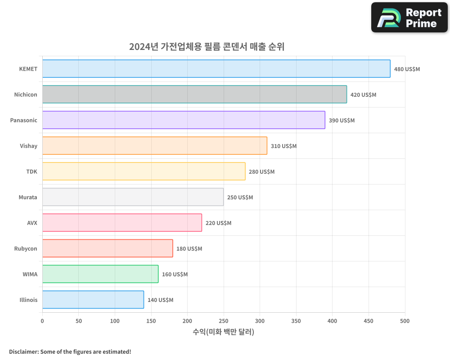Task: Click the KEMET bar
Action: click(216, 69)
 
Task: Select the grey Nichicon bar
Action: click(194, 94)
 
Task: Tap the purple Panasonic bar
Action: click(184, 120)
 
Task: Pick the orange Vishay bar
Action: click(154, 146)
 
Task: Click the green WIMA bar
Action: click(100, 274)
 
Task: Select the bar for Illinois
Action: click(93, 300)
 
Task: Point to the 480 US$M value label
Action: click(407, 69)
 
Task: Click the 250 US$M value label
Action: click(240, 198)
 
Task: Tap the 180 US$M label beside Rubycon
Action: click(189, 249)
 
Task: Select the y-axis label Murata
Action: click(28, 197)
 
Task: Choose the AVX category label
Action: click(32, 223)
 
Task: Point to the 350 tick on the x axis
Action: click(296, 321)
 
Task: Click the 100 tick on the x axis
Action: click(115, 321)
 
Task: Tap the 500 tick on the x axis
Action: click(405, 321)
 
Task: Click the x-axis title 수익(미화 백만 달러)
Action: click(223, 332)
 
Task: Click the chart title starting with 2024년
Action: click(207, 47)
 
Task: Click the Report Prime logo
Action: click(409, 18)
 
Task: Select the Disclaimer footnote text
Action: click(70, 351)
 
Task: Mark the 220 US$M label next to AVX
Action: click(218, 223)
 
